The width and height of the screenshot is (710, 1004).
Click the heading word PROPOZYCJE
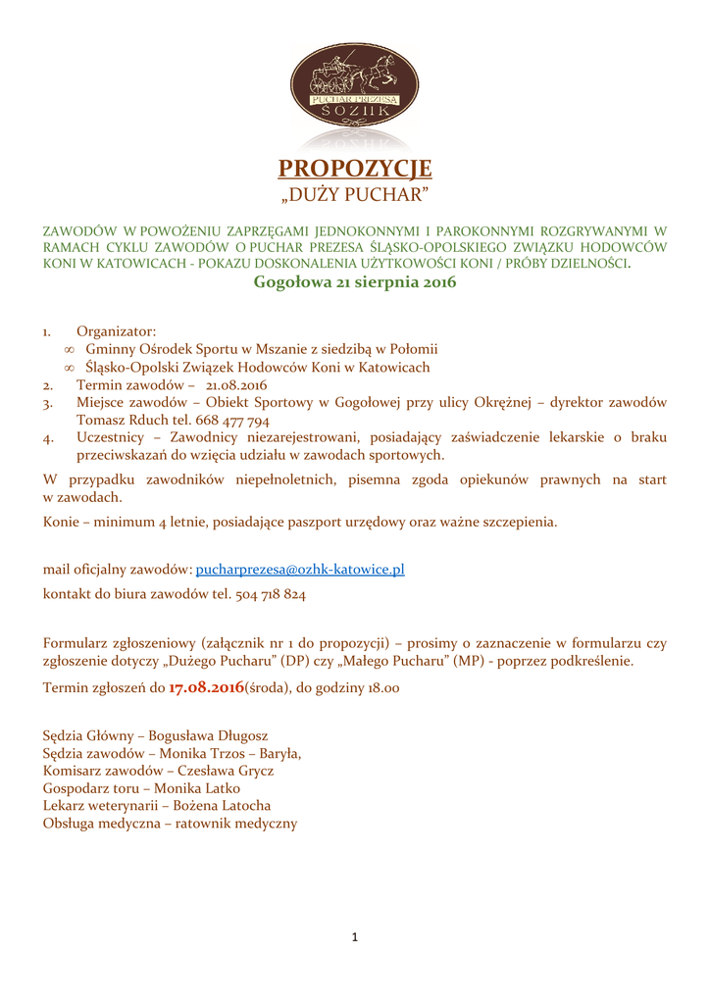(354, 169)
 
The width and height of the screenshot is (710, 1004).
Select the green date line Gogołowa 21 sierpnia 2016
(354, 283)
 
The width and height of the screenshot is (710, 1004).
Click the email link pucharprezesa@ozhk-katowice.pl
(300, 570)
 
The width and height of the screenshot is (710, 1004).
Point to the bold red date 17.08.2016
(206, 689)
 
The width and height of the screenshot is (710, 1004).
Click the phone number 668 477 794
(233, 421)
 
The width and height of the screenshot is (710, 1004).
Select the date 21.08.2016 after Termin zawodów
(236, 385)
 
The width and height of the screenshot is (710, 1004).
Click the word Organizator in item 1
(116, 331)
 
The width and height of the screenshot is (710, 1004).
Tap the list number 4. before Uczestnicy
(48, 438)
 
